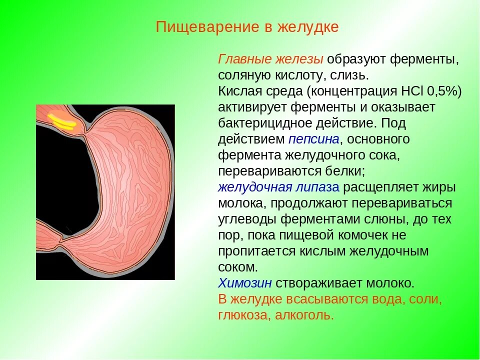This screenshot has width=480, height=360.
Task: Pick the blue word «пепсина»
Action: click(314, 139)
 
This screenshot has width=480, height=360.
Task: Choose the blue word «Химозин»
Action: click(245, 283)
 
